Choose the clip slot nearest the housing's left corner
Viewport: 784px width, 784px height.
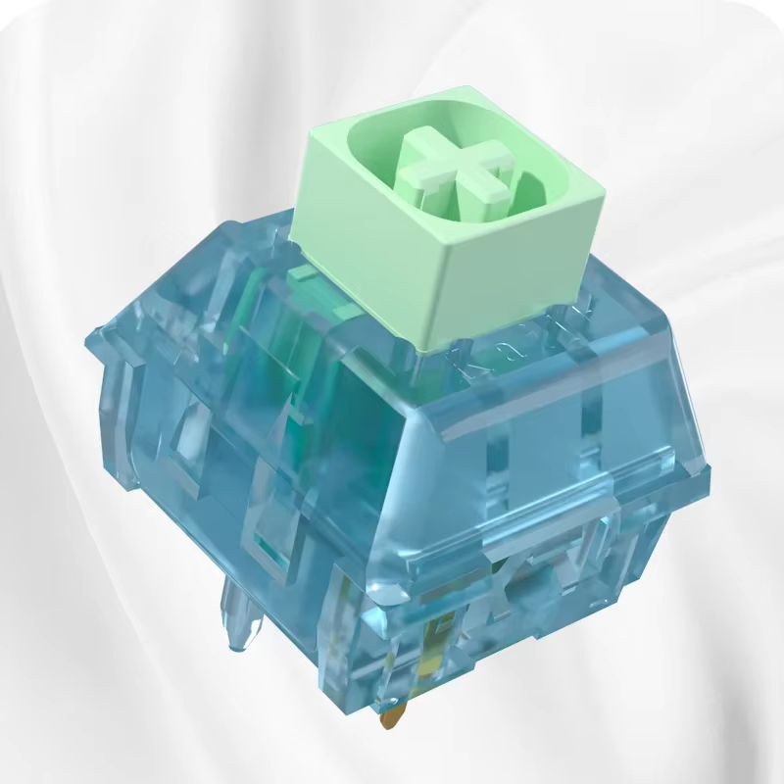[x=137, y=412]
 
